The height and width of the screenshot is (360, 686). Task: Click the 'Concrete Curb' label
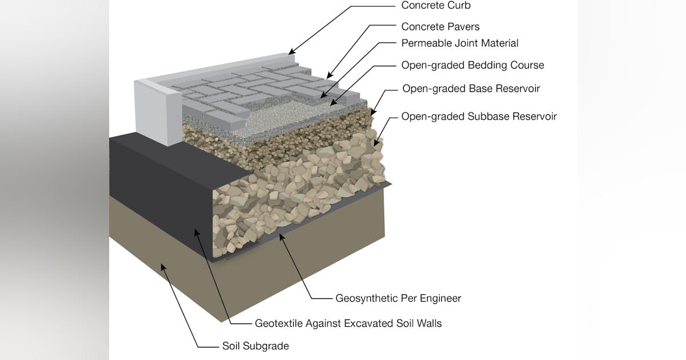click(436, 6)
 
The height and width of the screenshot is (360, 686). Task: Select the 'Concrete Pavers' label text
click(440, 27)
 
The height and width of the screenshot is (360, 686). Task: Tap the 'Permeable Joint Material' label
click(460, 43)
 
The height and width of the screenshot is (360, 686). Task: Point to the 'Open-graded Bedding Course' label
click(472, 65)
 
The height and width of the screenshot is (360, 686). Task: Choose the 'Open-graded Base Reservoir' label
click(471, 89)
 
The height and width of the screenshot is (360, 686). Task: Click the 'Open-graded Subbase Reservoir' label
click(479, 117)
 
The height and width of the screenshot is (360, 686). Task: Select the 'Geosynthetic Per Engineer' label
click(398, 298)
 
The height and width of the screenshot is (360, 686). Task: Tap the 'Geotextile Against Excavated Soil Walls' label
click(348, 323)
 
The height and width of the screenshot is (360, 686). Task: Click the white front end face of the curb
click(153, 111)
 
